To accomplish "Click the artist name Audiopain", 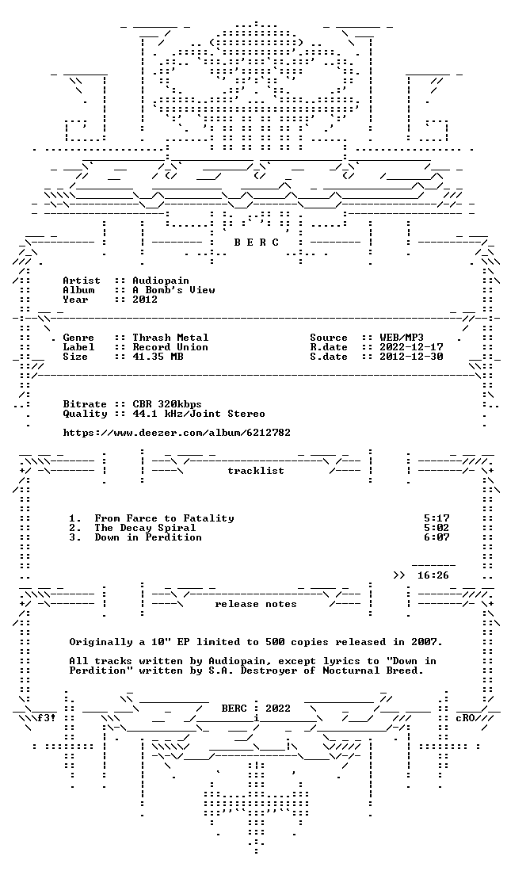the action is tap(161, 281).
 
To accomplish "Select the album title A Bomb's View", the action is tap(173, 290).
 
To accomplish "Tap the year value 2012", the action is tap(145, 300).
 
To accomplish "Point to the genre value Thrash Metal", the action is tap(170, 338).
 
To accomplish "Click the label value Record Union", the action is tap(170, 347).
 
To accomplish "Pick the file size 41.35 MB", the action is tap(158, 357).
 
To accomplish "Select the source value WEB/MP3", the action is tap(402, 338).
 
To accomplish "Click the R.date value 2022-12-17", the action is tap(411, 347).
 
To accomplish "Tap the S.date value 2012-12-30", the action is tap(411, 357).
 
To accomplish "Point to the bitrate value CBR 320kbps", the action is tap(167, 404).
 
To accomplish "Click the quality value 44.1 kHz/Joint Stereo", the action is tap(199, 414).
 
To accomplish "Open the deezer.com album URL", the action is tap(177, 433).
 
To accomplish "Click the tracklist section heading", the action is tap(256, 471).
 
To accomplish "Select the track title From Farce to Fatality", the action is tap(164, 518).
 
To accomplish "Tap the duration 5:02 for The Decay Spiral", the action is tap(436, 528).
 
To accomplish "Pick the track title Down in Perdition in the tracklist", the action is tap(148, 537).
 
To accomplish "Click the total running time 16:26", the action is tap(433, 575).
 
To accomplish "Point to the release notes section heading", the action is tap(256, 604).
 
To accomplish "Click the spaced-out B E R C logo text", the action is tap(256, 243).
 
